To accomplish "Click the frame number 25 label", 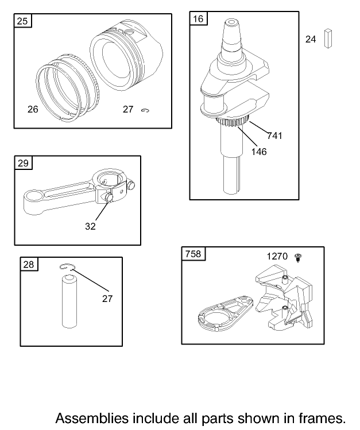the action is point(22,21).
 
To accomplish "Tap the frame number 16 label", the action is point(198,18).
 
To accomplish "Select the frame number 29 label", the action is point(23,163).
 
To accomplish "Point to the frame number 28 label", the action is point(29,264).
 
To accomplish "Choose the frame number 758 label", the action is point(193,254).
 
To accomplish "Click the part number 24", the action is point(311,40).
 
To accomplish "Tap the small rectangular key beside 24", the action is point(328,38).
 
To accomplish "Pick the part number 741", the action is point(274,135).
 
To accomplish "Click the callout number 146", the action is point(259,152).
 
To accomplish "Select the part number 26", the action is point(33,110).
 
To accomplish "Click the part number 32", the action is point(90,227).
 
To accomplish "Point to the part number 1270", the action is point(277,257).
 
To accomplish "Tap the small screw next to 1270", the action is point(298,258).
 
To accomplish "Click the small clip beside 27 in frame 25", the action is point(145,110).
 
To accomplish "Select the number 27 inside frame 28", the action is point(107,299).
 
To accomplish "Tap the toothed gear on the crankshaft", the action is point(233,122).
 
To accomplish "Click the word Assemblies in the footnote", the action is point(92,418).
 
